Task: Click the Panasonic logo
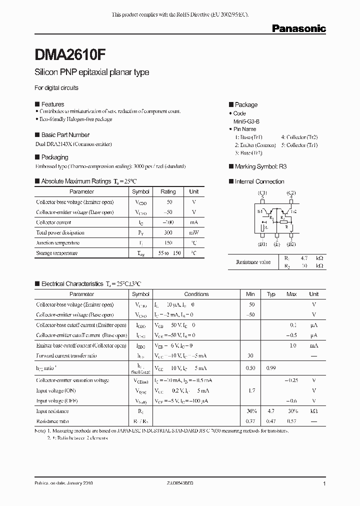[298, 29]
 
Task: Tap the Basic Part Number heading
[65, 135]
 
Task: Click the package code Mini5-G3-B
[246, 121]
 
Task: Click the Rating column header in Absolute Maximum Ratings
[168, 191]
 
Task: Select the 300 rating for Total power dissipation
[168, 232]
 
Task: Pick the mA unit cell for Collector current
[193, 222]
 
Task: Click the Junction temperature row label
[57, 242]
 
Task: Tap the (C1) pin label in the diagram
[262, 192]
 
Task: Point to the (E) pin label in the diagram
[276, 244]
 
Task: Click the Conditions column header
[196, 294]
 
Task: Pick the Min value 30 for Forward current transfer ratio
[251, 356]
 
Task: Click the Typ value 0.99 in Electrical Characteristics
[271, 368]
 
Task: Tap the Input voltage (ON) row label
[56, 390]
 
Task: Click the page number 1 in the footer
[324, 484]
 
